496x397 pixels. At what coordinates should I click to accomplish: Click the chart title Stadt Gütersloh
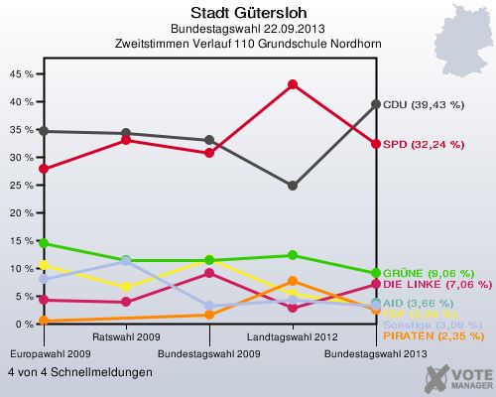pyautogui.click(x=247, y=11)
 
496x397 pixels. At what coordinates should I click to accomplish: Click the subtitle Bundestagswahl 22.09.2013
pyautogui.click(x=247, y=28)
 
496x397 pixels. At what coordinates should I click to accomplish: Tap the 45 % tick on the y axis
pyautogui.click(x=20, y=73)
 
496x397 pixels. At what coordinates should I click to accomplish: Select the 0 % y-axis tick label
pyautogui.click(x=23, y=324)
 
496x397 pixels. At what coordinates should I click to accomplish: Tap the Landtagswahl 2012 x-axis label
pyautogui.click(x=293, y=337)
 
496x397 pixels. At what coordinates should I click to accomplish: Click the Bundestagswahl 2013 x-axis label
pyautogui.click(x=376, y=353)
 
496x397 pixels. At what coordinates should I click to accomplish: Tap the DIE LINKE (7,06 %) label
pyautogui.click(x=433, y=285)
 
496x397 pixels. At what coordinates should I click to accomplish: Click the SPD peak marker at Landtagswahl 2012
pyautogui.click(x=293, y=84)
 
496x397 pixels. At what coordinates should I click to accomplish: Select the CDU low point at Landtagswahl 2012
pyautogui.click(x=293, y=186)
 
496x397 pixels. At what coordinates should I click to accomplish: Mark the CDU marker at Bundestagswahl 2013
pyautogui.click(x=376, y=104)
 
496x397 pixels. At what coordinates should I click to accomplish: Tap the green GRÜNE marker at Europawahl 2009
pyautogui.click(x=43, y=243)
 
